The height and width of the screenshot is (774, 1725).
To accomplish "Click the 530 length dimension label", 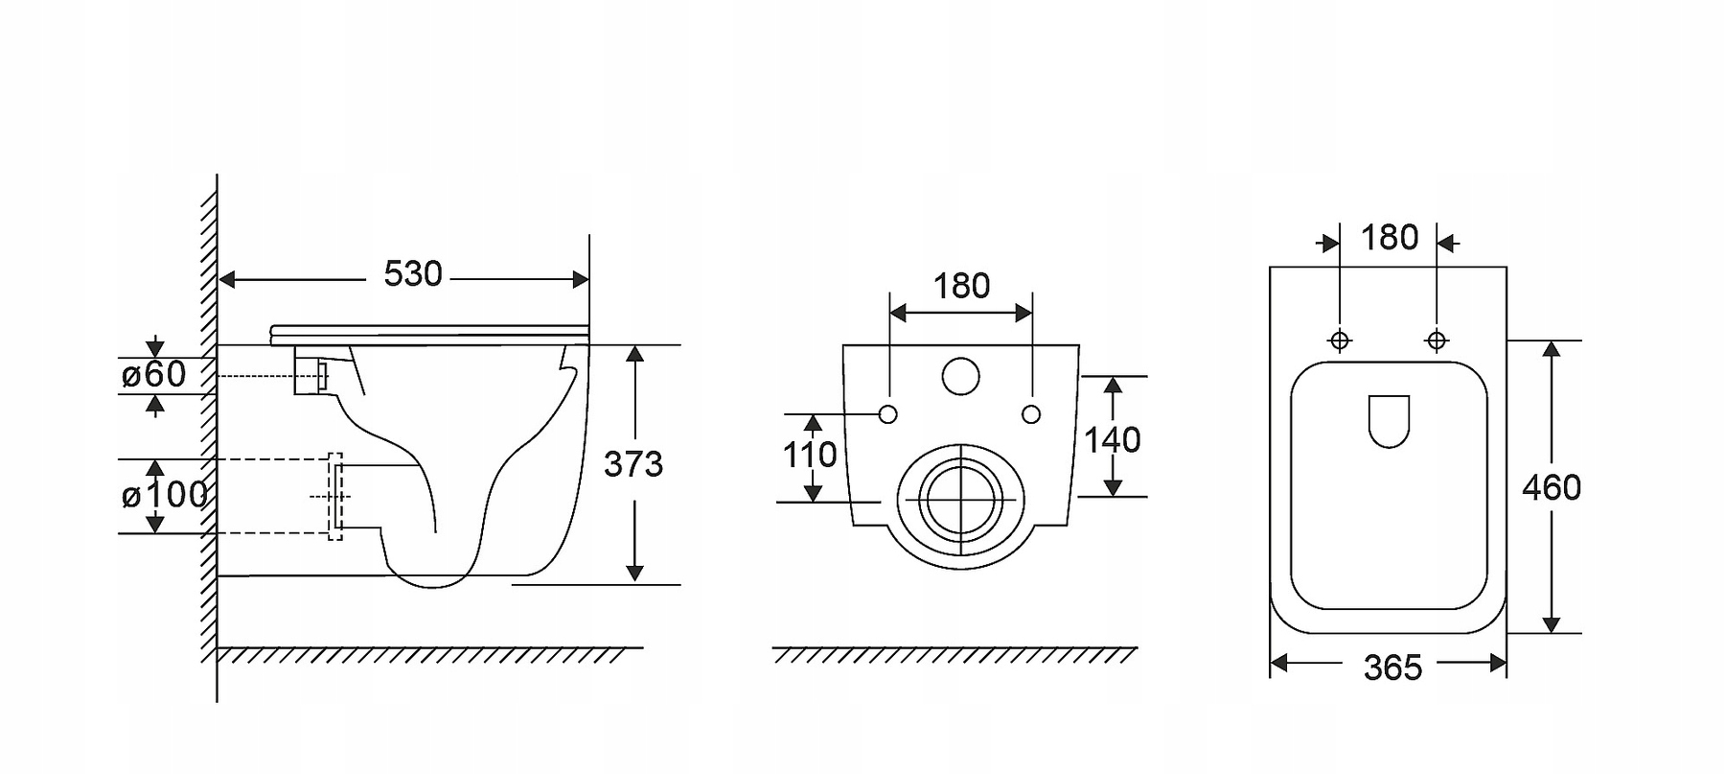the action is click(x=413, y=274).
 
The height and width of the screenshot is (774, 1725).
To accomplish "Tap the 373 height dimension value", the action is click(x=633, y=464).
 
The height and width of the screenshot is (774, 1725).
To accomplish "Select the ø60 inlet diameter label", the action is click(x=154, y=374).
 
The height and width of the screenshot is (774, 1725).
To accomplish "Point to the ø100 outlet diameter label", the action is click(x=165, y=495).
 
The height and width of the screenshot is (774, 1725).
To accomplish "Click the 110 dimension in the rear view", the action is click(x=810, y=455).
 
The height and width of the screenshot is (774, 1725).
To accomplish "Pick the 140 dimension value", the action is click(x=1112, y=440).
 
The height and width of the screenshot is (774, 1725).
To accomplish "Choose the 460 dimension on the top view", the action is click(x=1552, y=488).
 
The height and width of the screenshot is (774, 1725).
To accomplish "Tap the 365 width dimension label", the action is click(x=1392, y=668).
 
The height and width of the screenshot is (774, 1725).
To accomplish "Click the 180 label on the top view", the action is click(x=1390, y=237).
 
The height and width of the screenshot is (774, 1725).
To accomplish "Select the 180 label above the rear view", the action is click(x=961, y=286).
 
